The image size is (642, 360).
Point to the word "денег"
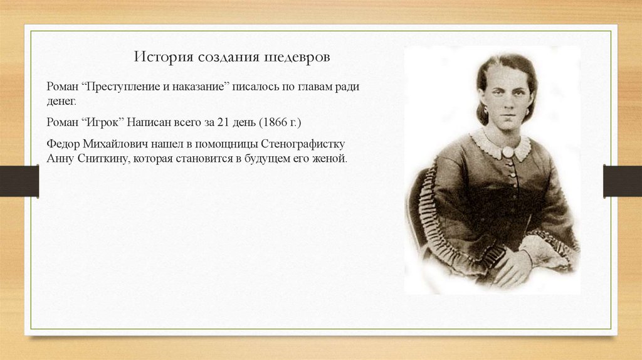tap(61, 100)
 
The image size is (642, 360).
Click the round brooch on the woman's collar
tap(506, 152)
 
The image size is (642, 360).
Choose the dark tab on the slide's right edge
tap(623, 181)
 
